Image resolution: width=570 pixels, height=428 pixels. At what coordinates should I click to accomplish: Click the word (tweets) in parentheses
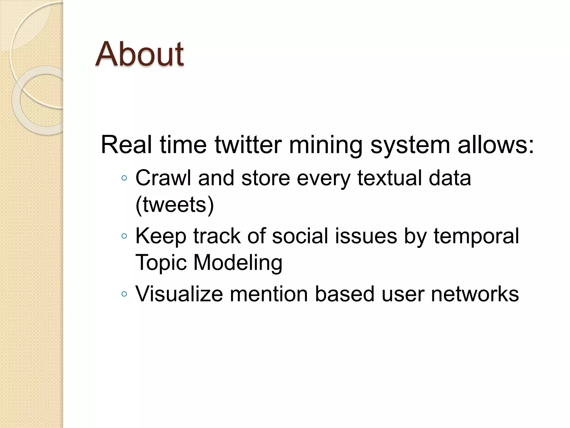[175, 205]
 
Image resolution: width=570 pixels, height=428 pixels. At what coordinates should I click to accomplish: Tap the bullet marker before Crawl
[124, 178]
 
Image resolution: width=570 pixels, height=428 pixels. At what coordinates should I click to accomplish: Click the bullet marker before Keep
[124, 236]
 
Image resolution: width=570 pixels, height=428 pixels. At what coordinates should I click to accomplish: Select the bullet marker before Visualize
[124, 294]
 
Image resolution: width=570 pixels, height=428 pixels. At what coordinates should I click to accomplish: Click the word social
[300, 236]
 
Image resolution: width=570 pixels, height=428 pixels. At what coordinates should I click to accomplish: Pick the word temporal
[476, 236]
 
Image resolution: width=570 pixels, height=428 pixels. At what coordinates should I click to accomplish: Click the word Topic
[161, 263]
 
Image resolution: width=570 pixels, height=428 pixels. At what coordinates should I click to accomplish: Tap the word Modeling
[238, 263]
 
